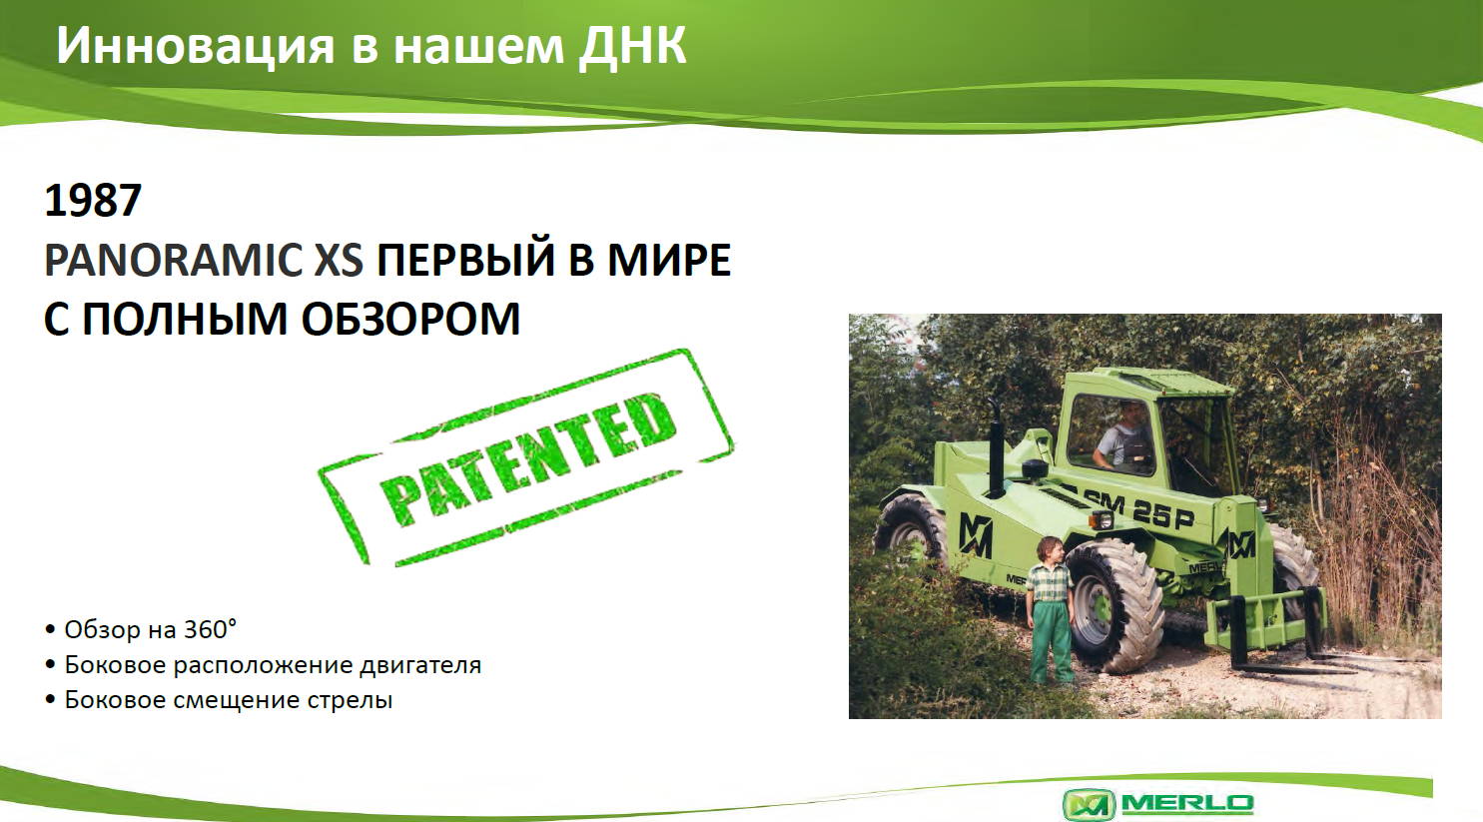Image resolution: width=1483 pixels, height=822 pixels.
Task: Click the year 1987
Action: coord(93,200)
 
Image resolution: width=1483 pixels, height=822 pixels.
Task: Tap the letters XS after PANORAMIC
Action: coord(338,260)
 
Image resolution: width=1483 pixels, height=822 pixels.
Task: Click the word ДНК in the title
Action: coord(632,46)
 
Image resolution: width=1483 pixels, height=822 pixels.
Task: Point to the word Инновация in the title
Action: coord(196,46)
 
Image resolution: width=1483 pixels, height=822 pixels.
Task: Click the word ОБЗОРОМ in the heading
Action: coord(410,320)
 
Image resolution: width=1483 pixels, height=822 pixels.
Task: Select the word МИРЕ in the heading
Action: coord(669,260)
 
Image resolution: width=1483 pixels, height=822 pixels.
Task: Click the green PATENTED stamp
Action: coord(526,457)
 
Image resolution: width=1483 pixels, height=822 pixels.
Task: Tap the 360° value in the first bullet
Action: coord(209,629)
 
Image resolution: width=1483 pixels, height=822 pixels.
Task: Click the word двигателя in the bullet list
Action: coord(419,665)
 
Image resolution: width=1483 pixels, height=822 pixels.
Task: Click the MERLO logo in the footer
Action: coord(1157,804)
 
